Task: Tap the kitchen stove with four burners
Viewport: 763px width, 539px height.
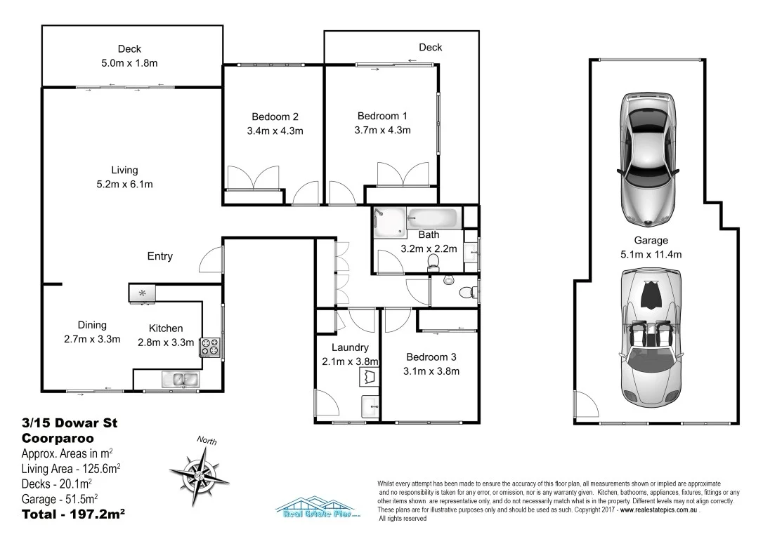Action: (x=209, y=347)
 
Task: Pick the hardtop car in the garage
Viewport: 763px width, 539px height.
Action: (x=648, y=158)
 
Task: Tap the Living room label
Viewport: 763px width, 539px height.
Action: (x=124, y=170)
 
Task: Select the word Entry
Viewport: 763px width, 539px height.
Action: (x=159, y=256)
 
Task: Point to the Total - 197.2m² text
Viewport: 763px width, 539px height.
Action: (x=73, y=514)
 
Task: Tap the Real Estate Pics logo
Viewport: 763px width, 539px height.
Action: (x=318, y=508)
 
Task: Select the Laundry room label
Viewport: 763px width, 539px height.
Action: (x=350, y=347)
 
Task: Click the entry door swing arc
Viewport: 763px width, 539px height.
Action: (x=210, y=261)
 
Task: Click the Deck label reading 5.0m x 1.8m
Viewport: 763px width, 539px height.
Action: (x=129, y=62)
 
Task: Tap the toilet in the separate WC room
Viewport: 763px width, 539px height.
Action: (x=464, y=291)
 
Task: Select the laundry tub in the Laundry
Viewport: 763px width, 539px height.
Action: (x=369, y=378)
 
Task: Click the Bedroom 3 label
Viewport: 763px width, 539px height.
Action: (x=431, y=357)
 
